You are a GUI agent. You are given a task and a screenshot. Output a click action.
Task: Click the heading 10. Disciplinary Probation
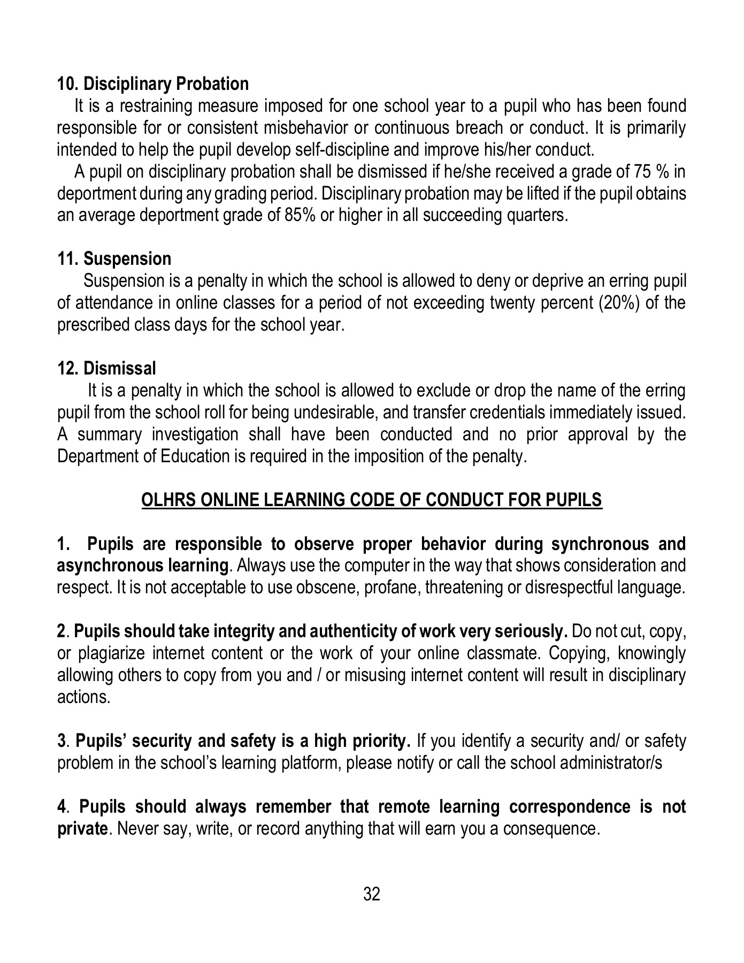[153, 84]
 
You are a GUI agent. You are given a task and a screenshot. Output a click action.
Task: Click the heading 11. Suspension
[114, 259]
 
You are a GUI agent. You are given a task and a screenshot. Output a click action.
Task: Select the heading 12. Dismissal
[107, 368]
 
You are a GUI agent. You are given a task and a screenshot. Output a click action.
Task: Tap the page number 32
[372, 893]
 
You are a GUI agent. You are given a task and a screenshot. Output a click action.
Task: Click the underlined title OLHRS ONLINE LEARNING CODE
[371, 500]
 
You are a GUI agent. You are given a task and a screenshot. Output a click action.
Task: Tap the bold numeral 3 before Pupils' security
[60, 742]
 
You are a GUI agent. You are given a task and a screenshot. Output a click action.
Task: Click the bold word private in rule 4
[81, 829]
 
